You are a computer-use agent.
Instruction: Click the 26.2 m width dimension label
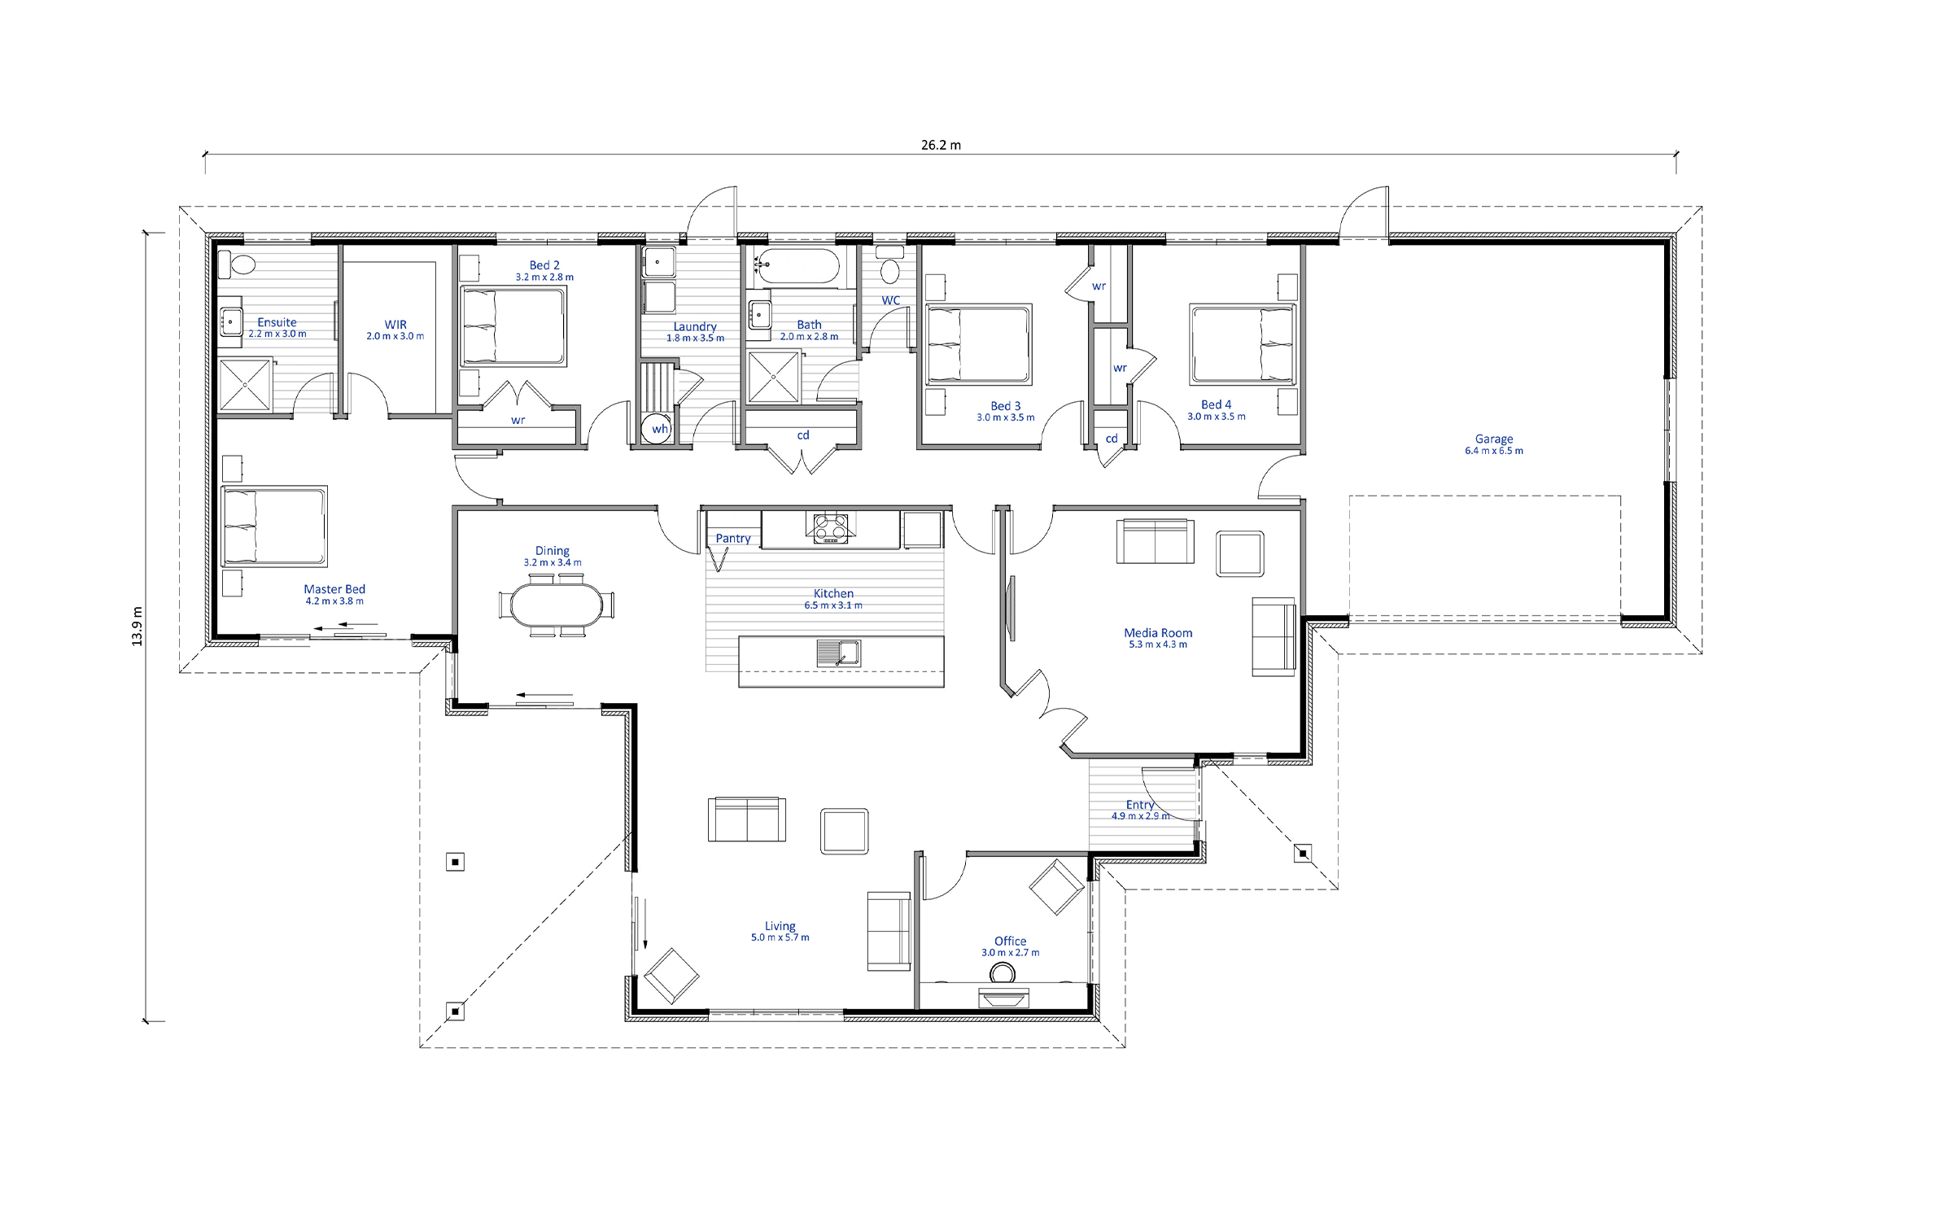(941, 146)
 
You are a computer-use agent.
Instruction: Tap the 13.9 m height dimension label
(137, 627)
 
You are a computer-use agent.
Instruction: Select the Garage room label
(1494, 439)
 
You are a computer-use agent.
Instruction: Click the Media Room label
(1158, 632)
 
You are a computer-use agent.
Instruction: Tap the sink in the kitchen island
(838, 653)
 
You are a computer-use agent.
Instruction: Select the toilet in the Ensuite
(238, 264)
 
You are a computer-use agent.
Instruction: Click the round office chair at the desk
(1003, 973)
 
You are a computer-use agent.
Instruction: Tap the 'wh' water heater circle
(657, 428)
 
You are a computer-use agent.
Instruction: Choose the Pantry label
(733, 538)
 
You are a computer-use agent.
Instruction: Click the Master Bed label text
(334, 588)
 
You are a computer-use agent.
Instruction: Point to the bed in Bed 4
(1242, 344)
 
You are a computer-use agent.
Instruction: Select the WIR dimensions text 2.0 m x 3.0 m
(395, 336)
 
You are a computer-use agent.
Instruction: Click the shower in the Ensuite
(245, 385)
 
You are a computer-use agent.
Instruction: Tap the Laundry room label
(695, 326)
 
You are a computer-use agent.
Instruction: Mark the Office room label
(1010, 941)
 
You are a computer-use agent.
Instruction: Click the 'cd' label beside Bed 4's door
(1112, 439)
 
